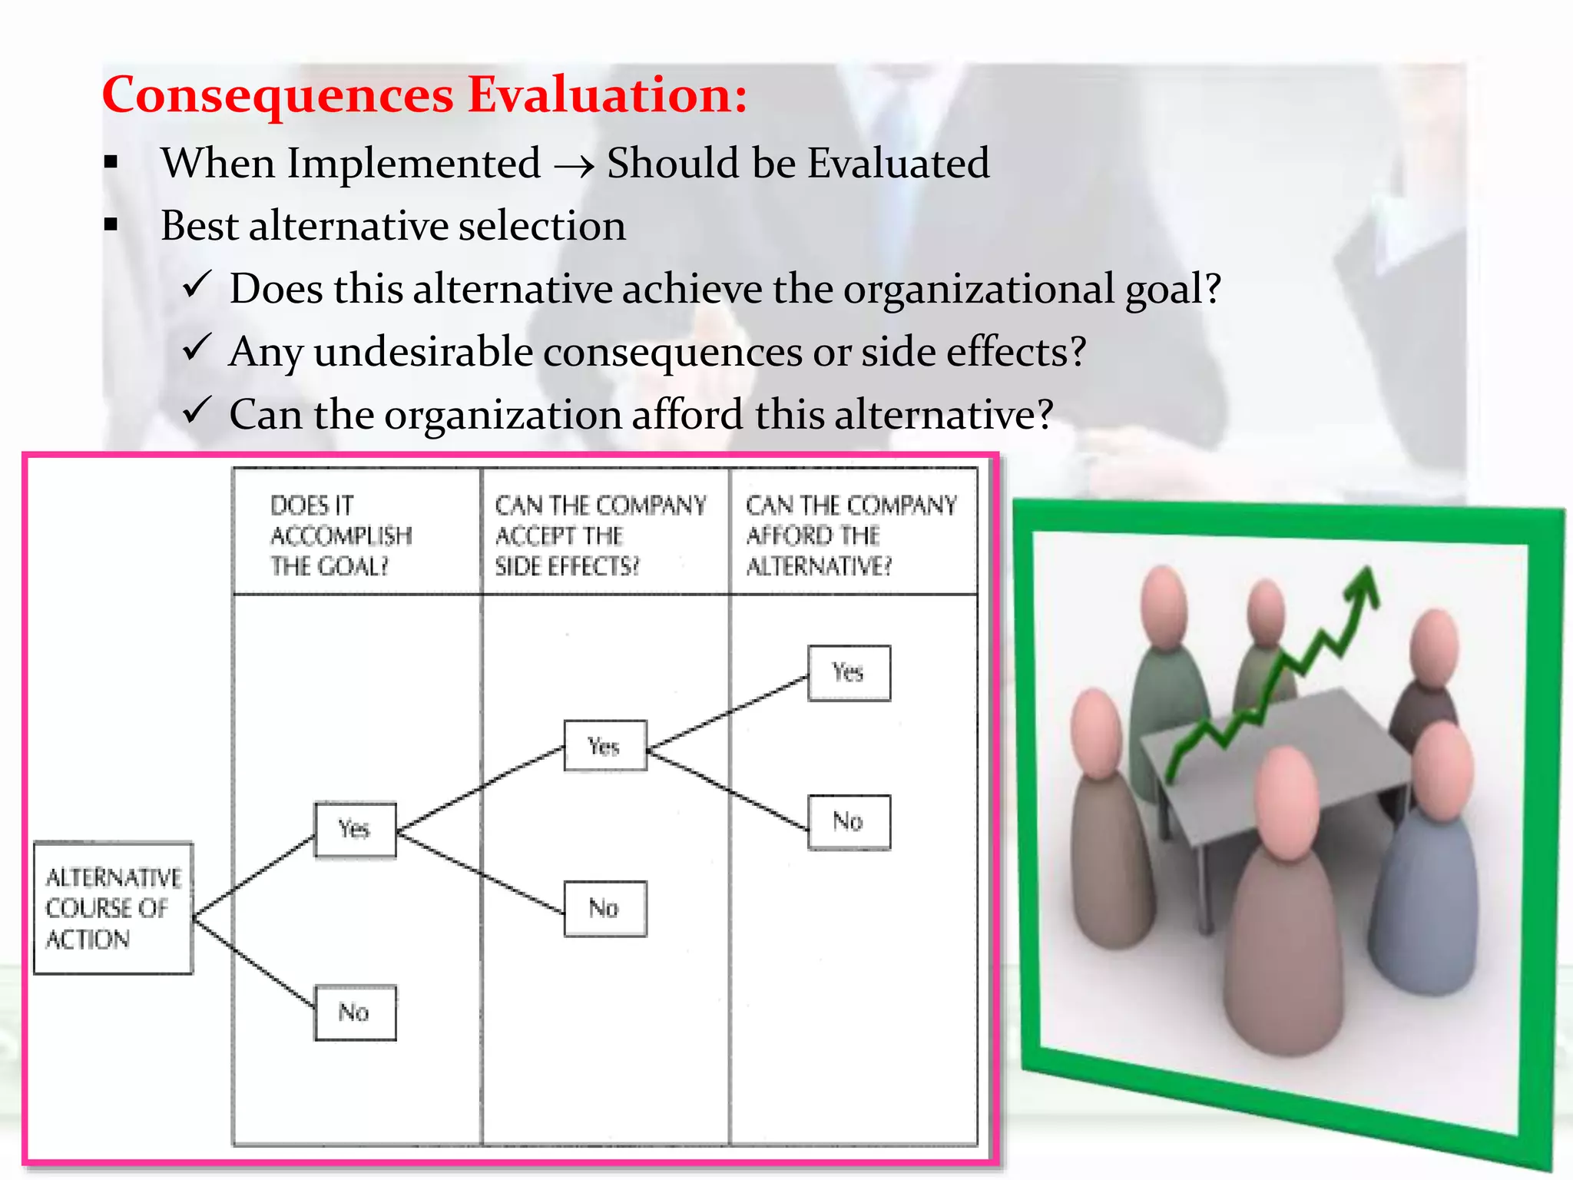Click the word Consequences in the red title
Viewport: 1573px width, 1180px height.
click(277, 95)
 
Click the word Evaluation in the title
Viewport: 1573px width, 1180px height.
click(607, 95)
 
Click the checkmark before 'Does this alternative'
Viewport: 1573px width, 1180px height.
click(197, 286)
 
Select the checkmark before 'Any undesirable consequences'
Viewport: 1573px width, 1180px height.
click(197, 349)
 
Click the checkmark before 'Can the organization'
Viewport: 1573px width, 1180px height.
click(197, 411)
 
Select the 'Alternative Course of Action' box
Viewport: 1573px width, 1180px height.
click(113, 908)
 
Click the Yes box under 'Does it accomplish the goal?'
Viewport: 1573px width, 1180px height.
click(355, 829)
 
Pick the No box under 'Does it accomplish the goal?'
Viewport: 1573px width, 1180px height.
click(355, 1013)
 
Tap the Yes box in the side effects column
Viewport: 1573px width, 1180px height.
click(604, 746)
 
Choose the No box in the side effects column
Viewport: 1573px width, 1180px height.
click(604, 908)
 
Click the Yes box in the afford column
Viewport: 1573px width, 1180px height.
click(849, 673)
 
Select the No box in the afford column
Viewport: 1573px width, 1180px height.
click(849, 822)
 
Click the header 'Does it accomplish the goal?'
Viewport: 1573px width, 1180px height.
click(341, 535)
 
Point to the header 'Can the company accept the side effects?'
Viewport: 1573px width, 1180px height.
click(600, 535)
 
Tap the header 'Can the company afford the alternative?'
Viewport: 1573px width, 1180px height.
click(851, 535)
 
